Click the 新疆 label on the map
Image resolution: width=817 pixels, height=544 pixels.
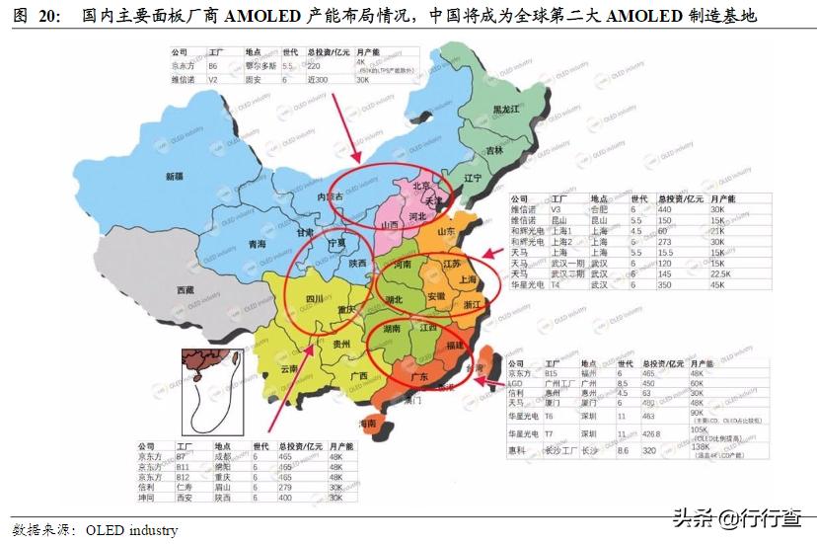click(x=175, y=177)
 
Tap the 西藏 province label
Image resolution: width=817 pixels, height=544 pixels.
click(x=185, y=290)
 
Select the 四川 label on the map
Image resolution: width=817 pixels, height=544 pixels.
click(x=314, y=297)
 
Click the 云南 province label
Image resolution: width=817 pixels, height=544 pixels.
click(x=289, y=368)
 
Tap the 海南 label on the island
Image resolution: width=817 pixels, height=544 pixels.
click(x=367, y=423)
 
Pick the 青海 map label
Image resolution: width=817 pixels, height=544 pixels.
click(x=258, y=243)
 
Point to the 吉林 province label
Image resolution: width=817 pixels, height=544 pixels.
click(x=494, y=150)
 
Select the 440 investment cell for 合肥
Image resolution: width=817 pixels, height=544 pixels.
click(x=665, y=209)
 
